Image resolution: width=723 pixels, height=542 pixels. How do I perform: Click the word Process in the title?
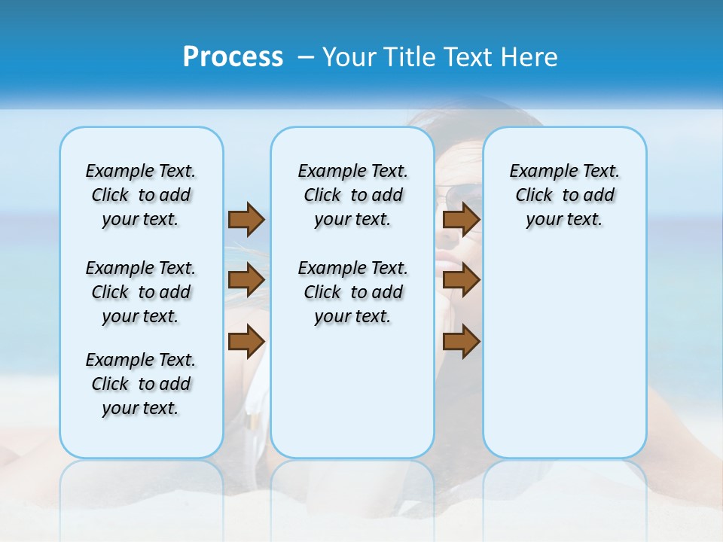pyautogui.click(x=233, y=57)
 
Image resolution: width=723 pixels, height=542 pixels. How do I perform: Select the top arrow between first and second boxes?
pyautogui.click(x=246, y=219)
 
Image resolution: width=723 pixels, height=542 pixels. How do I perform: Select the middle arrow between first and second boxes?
pyautogui.click(x=246, y=280)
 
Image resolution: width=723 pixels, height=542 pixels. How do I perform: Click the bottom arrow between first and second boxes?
pyautogui.click(x=246, y=342)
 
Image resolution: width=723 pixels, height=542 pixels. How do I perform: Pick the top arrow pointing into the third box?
pyautogui.click(x=461, y=219)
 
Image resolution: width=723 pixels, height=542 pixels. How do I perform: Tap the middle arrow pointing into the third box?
pyautogui.click(x=461, y=280)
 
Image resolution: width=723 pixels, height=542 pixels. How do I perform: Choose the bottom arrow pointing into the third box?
pyautogui.click(x=461, y=342)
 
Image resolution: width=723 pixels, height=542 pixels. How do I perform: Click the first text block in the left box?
pyautogui.click(x=141, y=195)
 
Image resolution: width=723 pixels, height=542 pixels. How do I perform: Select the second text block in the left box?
pyautogui.click(x=141, y=292)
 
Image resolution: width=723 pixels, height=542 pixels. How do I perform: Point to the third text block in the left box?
pyautogui.click(x=141, y=384)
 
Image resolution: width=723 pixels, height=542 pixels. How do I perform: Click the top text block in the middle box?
pyautogui.click(x=352, y=195)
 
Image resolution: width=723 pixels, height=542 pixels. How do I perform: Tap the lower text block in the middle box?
pyautogui.click(x=352, y=292)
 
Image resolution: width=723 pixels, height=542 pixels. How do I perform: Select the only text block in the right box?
pyautogui.click(x=564, y=195)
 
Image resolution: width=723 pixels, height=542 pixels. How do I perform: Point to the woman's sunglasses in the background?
pyautogui.click(x=459, y=197)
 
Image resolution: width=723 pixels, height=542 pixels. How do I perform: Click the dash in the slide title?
pyautogui.click(x=306, y=57)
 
